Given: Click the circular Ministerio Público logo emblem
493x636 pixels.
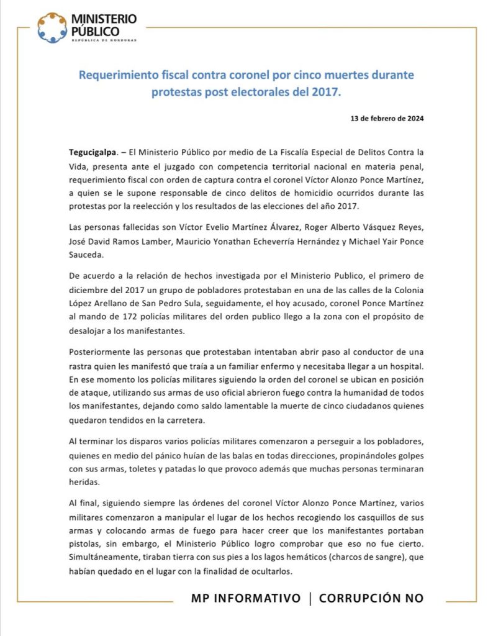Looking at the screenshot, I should [x=52, y=28].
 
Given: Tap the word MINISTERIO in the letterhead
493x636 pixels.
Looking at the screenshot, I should [x=104, y=20].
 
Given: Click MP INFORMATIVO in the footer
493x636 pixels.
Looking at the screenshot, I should [x=245, y=598].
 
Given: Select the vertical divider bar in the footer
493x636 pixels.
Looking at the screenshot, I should [x=310, y=598].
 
